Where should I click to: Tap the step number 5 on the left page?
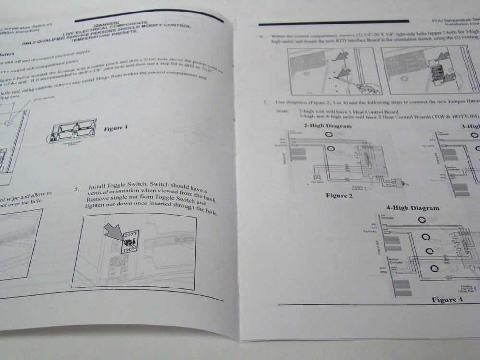click(77, 188)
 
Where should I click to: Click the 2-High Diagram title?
click(327, 126)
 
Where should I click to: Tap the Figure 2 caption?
click(339, 196)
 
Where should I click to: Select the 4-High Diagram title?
click(413, 208)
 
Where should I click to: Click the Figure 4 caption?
click(447, 300)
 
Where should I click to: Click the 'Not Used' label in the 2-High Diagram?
click(316, 183)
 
